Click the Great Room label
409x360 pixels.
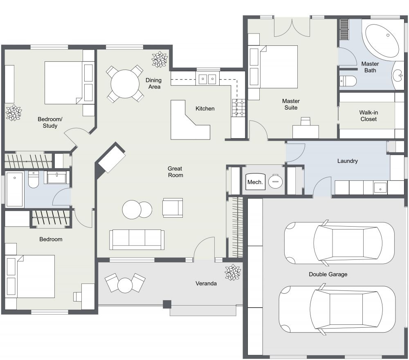coord(175,172)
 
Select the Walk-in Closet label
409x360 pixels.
coord(369,116)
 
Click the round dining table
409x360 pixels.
coord(125,84)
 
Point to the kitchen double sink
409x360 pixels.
coord(207,79)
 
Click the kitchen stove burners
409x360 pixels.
coord(238,108)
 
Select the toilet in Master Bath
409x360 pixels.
coord(348,81)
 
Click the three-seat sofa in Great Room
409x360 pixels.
coord(137,239)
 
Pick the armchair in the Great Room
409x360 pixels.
coord(173,207)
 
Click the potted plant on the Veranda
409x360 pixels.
coord(233,272)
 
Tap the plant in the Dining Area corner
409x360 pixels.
coord(159,60)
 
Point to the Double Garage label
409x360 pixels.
coord(328,274)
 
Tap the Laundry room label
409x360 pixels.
coord(347,161)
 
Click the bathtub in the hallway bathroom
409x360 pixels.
coord(15,189)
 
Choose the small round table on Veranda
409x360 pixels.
coord(125,285)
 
